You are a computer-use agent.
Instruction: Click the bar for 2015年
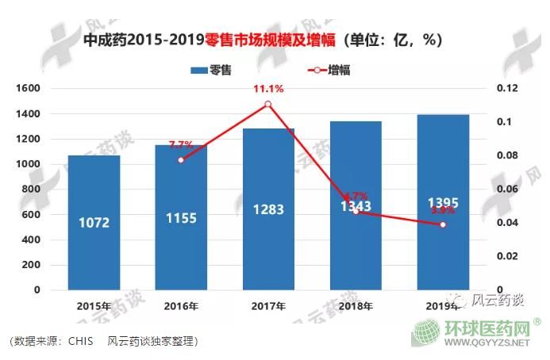[94, 222]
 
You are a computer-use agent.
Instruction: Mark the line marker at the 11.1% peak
[268, 105]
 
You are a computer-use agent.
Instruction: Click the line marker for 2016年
[181, 160]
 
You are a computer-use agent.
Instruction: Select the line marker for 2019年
[443, 225]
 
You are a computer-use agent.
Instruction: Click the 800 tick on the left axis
[32, 190]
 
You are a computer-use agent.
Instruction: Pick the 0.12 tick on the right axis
[507, 89]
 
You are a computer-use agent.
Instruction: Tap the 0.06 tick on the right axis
[507, 190]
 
